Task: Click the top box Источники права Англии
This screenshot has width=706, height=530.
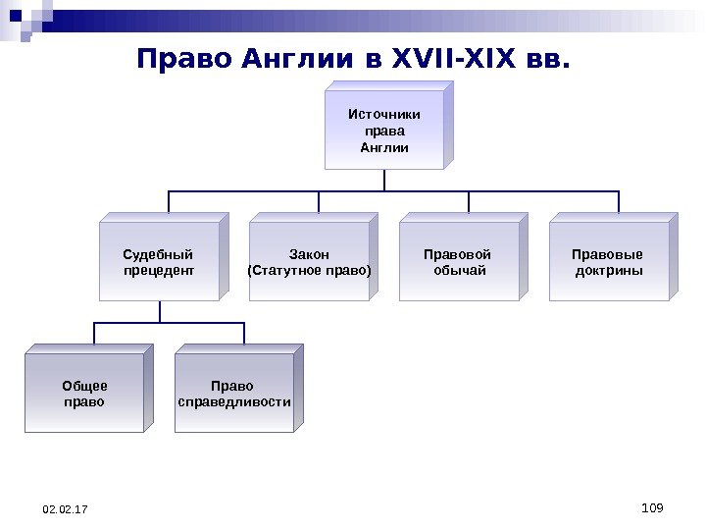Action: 384,132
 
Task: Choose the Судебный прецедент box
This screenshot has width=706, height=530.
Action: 159,262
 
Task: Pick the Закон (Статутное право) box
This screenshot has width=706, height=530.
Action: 310,262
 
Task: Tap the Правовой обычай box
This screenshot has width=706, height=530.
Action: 460,262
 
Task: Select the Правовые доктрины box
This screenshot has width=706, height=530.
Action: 609,262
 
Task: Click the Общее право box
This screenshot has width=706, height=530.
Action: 84,394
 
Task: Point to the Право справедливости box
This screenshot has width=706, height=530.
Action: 234,394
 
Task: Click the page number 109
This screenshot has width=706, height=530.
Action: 651,506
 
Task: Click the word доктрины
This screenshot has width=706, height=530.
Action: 609,270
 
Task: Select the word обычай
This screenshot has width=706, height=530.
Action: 460,270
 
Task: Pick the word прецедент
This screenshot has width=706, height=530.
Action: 159,270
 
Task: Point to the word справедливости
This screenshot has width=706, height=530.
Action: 234,401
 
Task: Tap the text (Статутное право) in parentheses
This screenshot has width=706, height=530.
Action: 310,270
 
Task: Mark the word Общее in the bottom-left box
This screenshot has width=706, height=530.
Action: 84,386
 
